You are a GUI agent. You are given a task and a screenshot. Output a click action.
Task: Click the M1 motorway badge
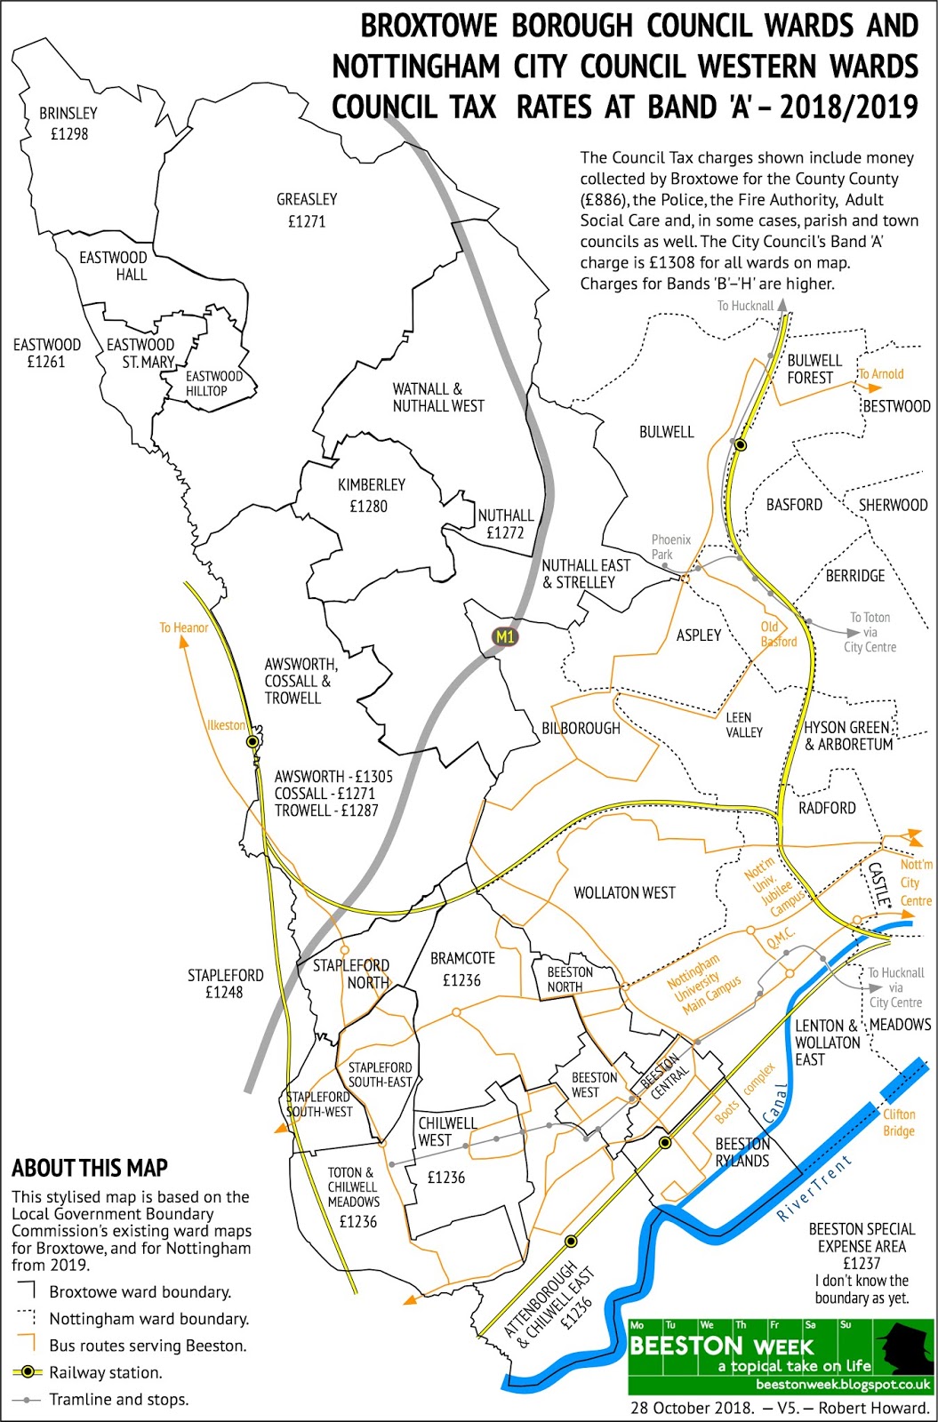click(504, 636)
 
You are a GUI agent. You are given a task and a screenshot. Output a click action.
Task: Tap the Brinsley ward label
click(68, 114)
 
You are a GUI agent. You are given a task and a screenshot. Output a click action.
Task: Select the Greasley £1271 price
click(307, 221)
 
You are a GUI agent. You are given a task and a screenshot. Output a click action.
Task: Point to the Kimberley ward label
click(371, 485)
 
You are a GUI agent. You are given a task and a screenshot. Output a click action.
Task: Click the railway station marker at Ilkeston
click(253, 740)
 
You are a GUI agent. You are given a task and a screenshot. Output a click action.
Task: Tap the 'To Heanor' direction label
click(184, 627)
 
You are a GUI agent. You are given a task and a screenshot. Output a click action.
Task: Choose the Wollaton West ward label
click(624, 892)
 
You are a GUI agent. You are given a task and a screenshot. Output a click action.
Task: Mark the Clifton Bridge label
click(899, 1122)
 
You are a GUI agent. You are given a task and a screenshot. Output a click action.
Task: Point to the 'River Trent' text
click(814, 1187)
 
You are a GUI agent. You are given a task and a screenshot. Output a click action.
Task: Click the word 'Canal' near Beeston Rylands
click(775, 1103)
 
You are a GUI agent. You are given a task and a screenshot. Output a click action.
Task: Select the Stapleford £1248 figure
click(224, 992)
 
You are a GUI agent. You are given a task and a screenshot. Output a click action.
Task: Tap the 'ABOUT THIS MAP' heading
click(90, 1168)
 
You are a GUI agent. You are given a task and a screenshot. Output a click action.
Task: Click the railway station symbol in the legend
click(28, 1372)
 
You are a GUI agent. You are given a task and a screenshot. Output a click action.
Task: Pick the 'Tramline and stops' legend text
click(118, 1400)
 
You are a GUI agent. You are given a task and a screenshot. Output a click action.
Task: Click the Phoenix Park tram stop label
click(670, 546)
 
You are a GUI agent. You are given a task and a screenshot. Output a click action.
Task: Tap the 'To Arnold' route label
click(880, 374)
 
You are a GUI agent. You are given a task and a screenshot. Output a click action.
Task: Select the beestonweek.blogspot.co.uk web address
click(843, 1385)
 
